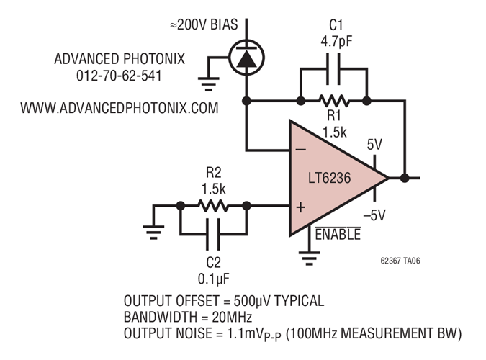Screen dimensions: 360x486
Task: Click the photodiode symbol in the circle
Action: (247, 58)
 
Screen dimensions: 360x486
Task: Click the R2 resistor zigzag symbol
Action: (213, 206)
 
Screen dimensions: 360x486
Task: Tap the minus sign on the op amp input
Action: (300, 150)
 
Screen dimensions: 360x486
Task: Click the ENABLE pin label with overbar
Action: (338, 234)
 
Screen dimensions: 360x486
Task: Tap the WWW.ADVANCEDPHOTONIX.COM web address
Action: (119, 109)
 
